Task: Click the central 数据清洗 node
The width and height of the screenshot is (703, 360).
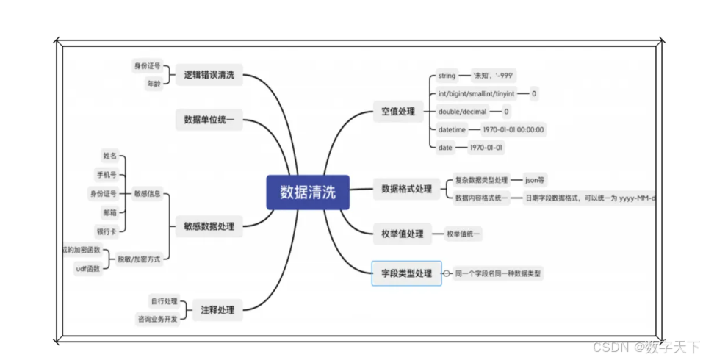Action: pos(308,192)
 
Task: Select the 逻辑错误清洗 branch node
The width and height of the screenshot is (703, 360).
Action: pos(209,75)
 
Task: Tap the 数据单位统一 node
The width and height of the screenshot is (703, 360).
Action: pos(209,120)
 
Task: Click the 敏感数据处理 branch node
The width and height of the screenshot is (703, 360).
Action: pos(209,226)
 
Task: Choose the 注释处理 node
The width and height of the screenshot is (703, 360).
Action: pos(217,310)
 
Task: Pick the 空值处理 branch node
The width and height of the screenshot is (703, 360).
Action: pos(397,112)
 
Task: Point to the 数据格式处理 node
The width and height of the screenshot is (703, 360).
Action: pos(406,189)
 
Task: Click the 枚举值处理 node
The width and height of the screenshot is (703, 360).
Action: pos(402,234)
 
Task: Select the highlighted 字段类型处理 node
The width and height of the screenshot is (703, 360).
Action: pos(406,273)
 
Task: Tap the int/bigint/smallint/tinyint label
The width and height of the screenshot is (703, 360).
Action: pos(476,94)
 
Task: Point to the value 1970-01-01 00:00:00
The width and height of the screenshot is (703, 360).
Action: pos(513,130)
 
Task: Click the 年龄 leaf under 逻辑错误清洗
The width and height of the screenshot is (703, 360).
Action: pos(153,84)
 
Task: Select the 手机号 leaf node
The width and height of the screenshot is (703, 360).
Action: pos(107,175)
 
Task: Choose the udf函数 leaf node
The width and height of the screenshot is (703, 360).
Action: pos(88,269)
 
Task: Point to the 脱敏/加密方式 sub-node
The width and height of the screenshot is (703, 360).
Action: pos(138,259)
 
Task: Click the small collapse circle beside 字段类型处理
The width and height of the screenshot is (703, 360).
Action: pos(447,273)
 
